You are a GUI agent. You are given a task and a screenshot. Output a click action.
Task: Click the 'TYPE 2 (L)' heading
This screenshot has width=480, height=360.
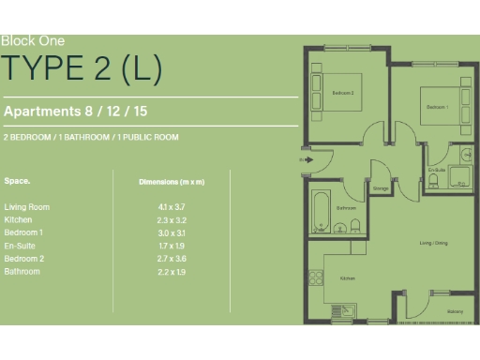tap(82, 67)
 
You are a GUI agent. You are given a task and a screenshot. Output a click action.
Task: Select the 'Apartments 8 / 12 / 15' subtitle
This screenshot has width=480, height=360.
tap(76, 111)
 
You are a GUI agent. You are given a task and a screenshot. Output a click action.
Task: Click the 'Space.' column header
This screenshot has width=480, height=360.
tap(17, 179)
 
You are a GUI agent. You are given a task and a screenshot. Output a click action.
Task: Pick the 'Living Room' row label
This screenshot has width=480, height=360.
tap(26, 206)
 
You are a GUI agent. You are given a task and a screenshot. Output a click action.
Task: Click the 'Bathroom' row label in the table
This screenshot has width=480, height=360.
tap(22, 272)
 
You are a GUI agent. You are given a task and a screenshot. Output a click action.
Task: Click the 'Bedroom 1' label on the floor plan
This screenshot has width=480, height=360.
tap(437, 107)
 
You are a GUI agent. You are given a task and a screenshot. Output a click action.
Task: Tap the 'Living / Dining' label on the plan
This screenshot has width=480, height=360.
tap(433, 243)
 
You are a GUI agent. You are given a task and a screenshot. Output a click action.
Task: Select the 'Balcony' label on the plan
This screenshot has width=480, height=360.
tap(454, 310)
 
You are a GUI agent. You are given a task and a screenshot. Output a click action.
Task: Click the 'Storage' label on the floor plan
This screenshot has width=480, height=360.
tap(381, 188)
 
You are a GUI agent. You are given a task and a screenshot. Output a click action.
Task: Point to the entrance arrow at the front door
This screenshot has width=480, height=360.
tap(304, 160)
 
